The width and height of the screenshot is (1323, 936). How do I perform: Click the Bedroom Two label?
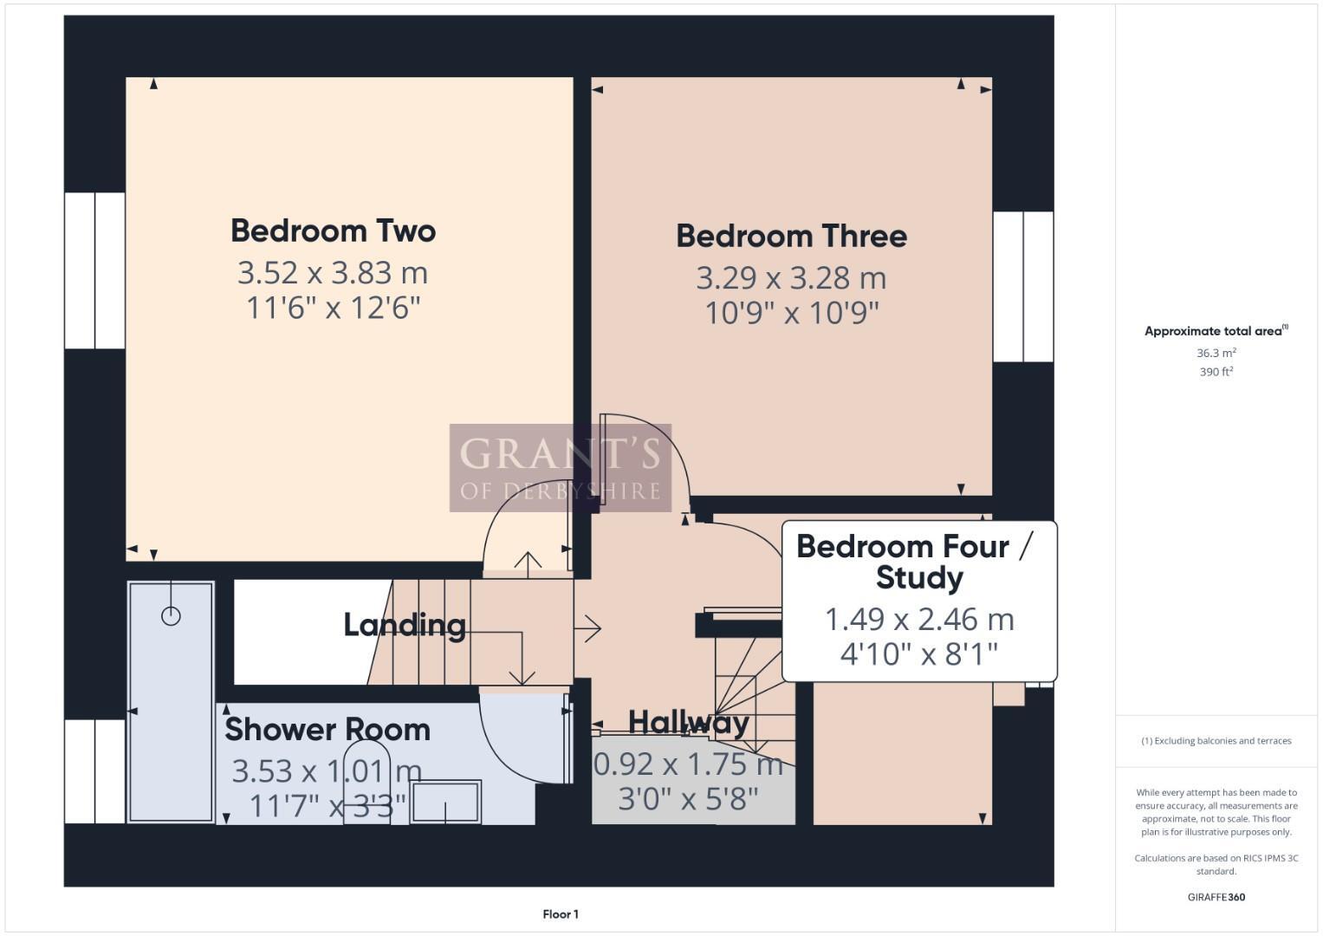click(333, 231)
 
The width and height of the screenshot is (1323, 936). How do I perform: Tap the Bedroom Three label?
click(791, 237)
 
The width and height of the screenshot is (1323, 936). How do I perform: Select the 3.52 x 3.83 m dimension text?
click(333, 273)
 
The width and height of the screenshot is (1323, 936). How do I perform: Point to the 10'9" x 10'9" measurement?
click(791, 313)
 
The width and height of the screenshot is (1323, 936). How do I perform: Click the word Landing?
click(405, 625)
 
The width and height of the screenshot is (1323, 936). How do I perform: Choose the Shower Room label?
click(328, 730)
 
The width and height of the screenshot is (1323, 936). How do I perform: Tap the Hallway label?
click(689, 722)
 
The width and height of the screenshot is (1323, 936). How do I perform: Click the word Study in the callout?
click(919, 578)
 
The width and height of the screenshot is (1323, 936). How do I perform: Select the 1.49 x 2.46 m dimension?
click(919, 620)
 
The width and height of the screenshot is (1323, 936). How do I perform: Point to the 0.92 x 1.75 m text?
click(689, 764)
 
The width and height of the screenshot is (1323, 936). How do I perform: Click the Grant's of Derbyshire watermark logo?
click(561, 468)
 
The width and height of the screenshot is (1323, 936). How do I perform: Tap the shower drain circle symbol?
click(171, 616)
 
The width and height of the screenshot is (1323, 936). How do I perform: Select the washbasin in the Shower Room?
click(445, 802)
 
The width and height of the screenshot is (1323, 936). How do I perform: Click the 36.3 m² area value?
click(1216, 353)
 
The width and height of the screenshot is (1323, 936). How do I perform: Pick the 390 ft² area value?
click(1216, 372)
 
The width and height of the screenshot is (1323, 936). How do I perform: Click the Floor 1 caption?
click(561, 914)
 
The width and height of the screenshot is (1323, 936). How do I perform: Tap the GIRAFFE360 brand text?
click(1216, 897)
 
